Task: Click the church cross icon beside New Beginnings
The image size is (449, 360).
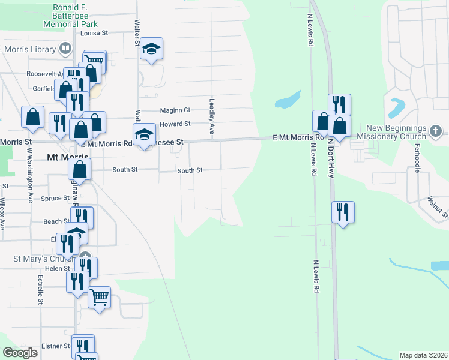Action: pyautogui.click(x=436, y=130)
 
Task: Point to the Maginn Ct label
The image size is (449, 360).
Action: pyautogui.click(x=175, y=110)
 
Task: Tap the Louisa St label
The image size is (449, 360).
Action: pyautogui.click(x=94, y=34)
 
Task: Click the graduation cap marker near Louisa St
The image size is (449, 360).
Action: pyautogui.click(x=152, y=50)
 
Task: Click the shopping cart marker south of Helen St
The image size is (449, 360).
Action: pyautogui.click(x=99, y=297)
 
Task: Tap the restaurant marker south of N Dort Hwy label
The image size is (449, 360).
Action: pyautogui.click(x=343, y=212)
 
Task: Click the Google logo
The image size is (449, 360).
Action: pyautogui.click(x=20, y=353)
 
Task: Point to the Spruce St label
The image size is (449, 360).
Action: pyautogui.click(x=55, y=199)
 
